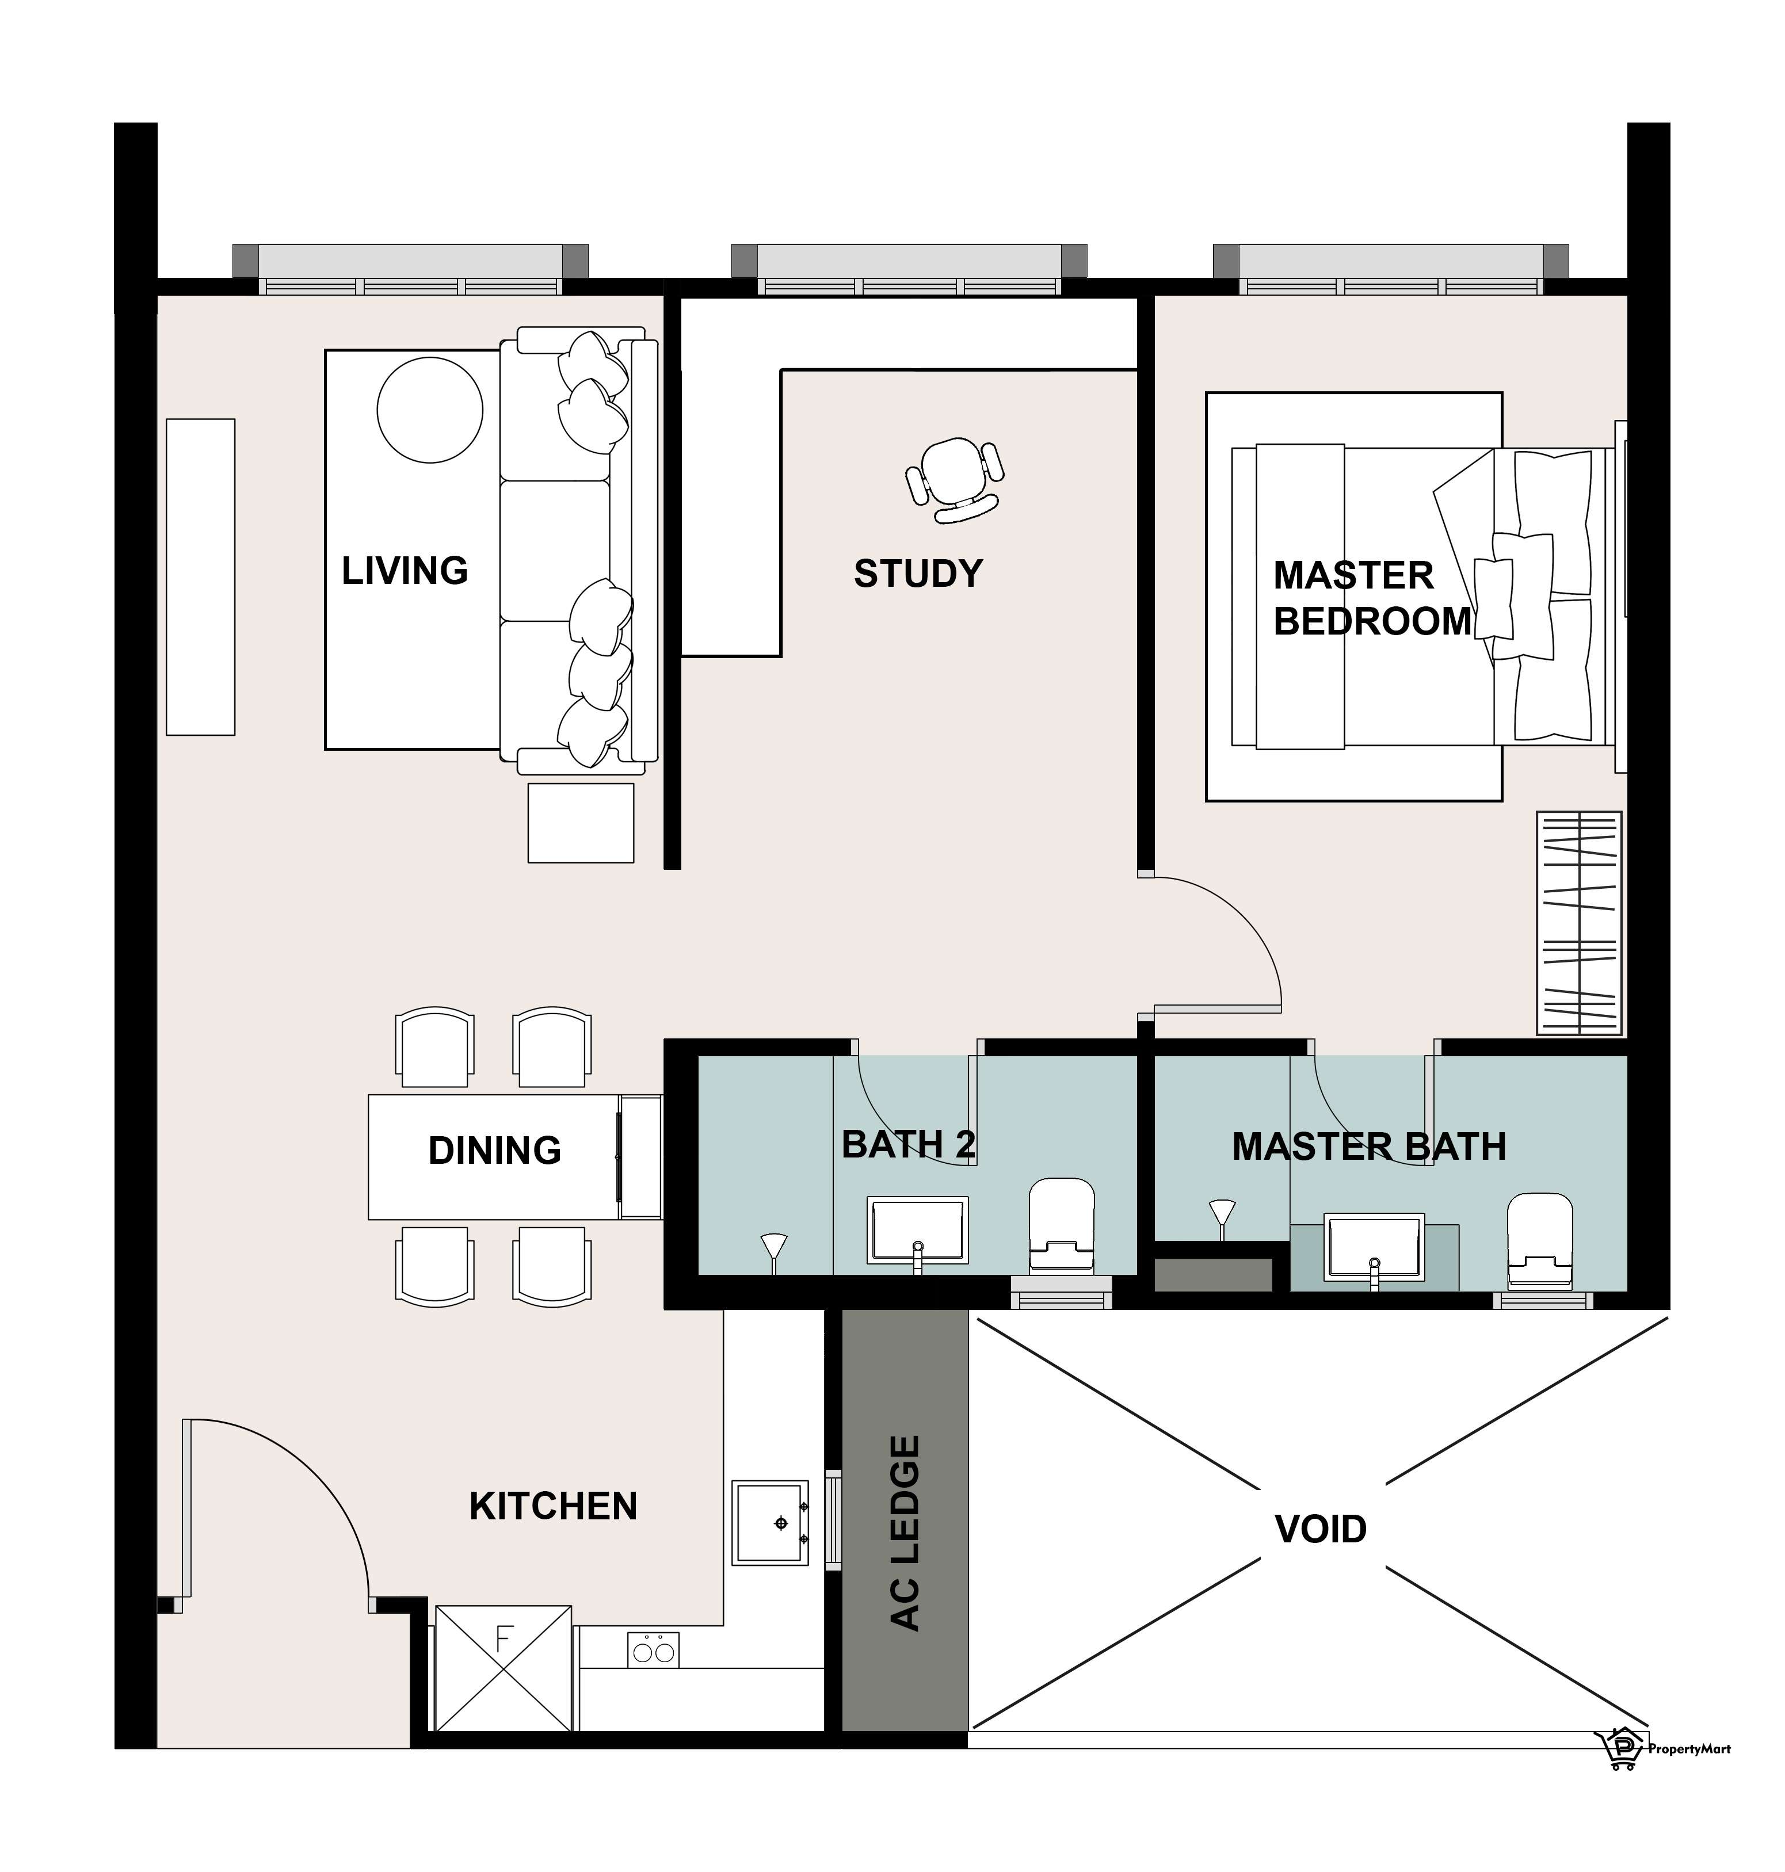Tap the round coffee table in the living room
click(x=430, y=410)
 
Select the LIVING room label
click(x=405, y=571)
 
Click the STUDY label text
click(x=918, y=574)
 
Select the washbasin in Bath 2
click(x=917, y=1232)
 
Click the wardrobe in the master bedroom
click(x=1578, y=923)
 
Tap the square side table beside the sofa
click(x=581, y=822)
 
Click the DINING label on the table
click(x=495, y=1150)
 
